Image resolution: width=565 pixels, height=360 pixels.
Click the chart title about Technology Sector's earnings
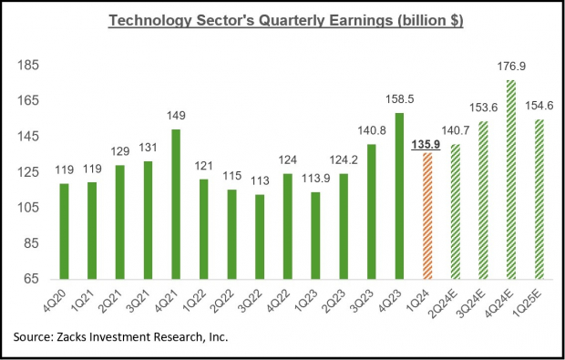click(x=285, y=20)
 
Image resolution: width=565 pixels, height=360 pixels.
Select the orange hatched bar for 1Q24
click(x=426, y=216)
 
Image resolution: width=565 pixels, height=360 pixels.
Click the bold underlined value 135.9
click(x=426, y=142)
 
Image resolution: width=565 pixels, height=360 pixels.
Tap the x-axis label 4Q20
click(x=62, y=299)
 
